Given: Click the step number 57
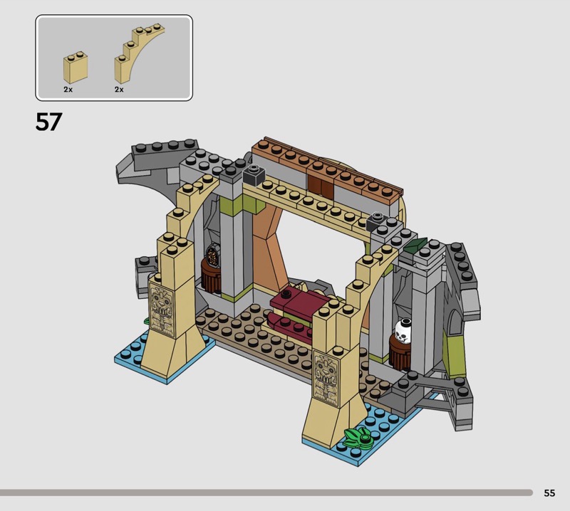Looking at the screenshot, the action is coord(48,122).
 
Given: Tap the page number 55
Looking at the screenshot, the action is coord(549,492).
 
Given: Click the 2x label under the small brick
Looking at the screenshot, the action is coord(68,90).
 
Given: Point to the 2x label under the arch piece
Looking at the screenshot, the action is coord(119,90).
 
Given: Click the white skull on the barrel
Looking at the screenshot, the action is coord(403,330).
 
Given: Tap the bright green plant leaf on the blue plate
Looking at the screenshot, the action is coord(359,436).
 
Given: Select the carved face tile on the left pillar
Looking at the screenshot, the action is coord(162,312).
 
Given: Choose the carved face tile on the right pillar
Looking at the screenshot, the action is coord(326,379).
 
